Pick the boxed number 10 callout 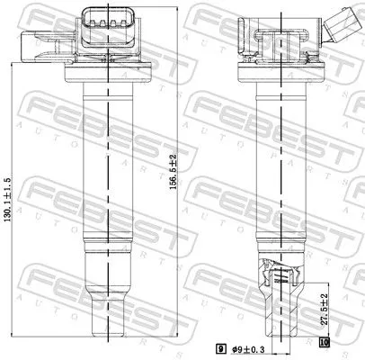point(325,343)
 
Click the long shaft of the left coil point(106,162)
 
